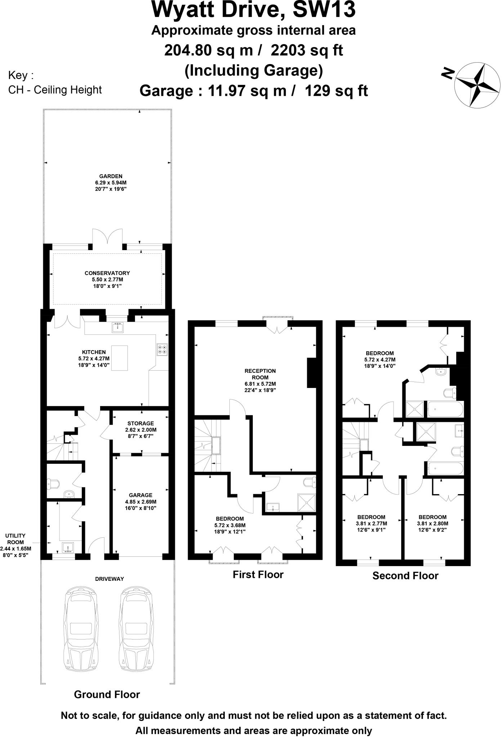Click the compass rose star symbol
pos(477,85)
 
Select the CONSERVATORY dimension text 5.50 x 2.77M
pos(107,280)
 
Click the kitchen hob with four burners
pos(162,349)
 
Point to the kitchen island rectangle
pos(120,358)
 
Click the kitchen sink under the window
pos(117,328)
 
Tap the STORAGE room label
pos(140,424)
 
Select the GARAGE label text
pos(140,495)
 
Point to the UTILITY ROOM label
pos(15,539)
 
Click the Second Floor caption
pos(405,576)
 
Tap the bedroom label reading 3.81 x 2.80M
pos(432,524)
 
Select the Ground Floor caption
pos(107,695)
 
